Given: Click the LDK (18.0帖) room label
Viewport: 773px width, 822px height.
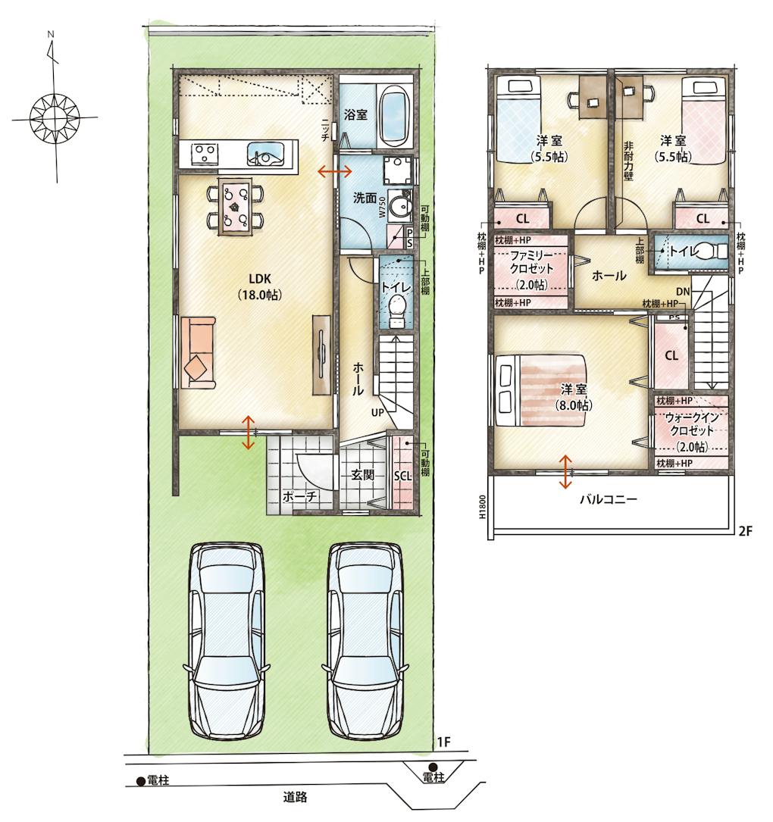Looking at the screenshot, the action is (260, 287).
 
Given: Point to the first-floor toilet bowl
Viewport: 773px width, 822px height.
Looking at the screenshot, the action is (398, 309).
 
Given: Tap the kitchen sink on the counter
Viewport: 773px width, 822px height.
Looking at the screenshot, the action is (266, 154).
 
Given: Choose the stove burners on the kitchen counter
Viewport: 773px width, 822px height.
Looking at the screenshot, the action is (205, 154).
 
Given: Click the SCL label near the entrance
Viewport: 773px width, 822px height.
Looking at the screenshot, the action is (402, 476).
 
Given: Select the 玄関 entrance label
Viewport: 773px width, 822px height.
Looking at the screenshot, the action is (362, 475).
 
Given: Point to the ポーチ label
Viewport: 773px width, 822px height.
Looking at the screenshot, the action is (299, 496).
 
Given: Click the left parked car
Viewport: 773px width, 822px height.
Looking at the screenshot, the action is (227, 641).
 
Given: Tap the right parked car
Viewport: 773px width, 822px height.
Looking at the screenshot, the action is (365, 641).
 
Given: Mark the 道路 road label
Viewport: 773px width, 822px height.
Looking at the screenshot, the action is (296, 797).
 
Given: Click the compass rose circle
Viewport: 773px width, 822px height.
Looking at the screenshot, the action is (55, 117).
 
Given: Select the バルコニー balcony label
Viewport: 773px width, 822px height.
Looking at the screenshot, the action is (609, 499).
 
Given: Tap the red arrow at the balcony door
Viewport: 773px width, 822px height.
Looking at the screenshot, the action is (565, 472).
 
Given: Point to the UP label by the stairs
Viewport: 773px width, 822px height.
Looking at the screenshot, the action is (377, 413).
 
